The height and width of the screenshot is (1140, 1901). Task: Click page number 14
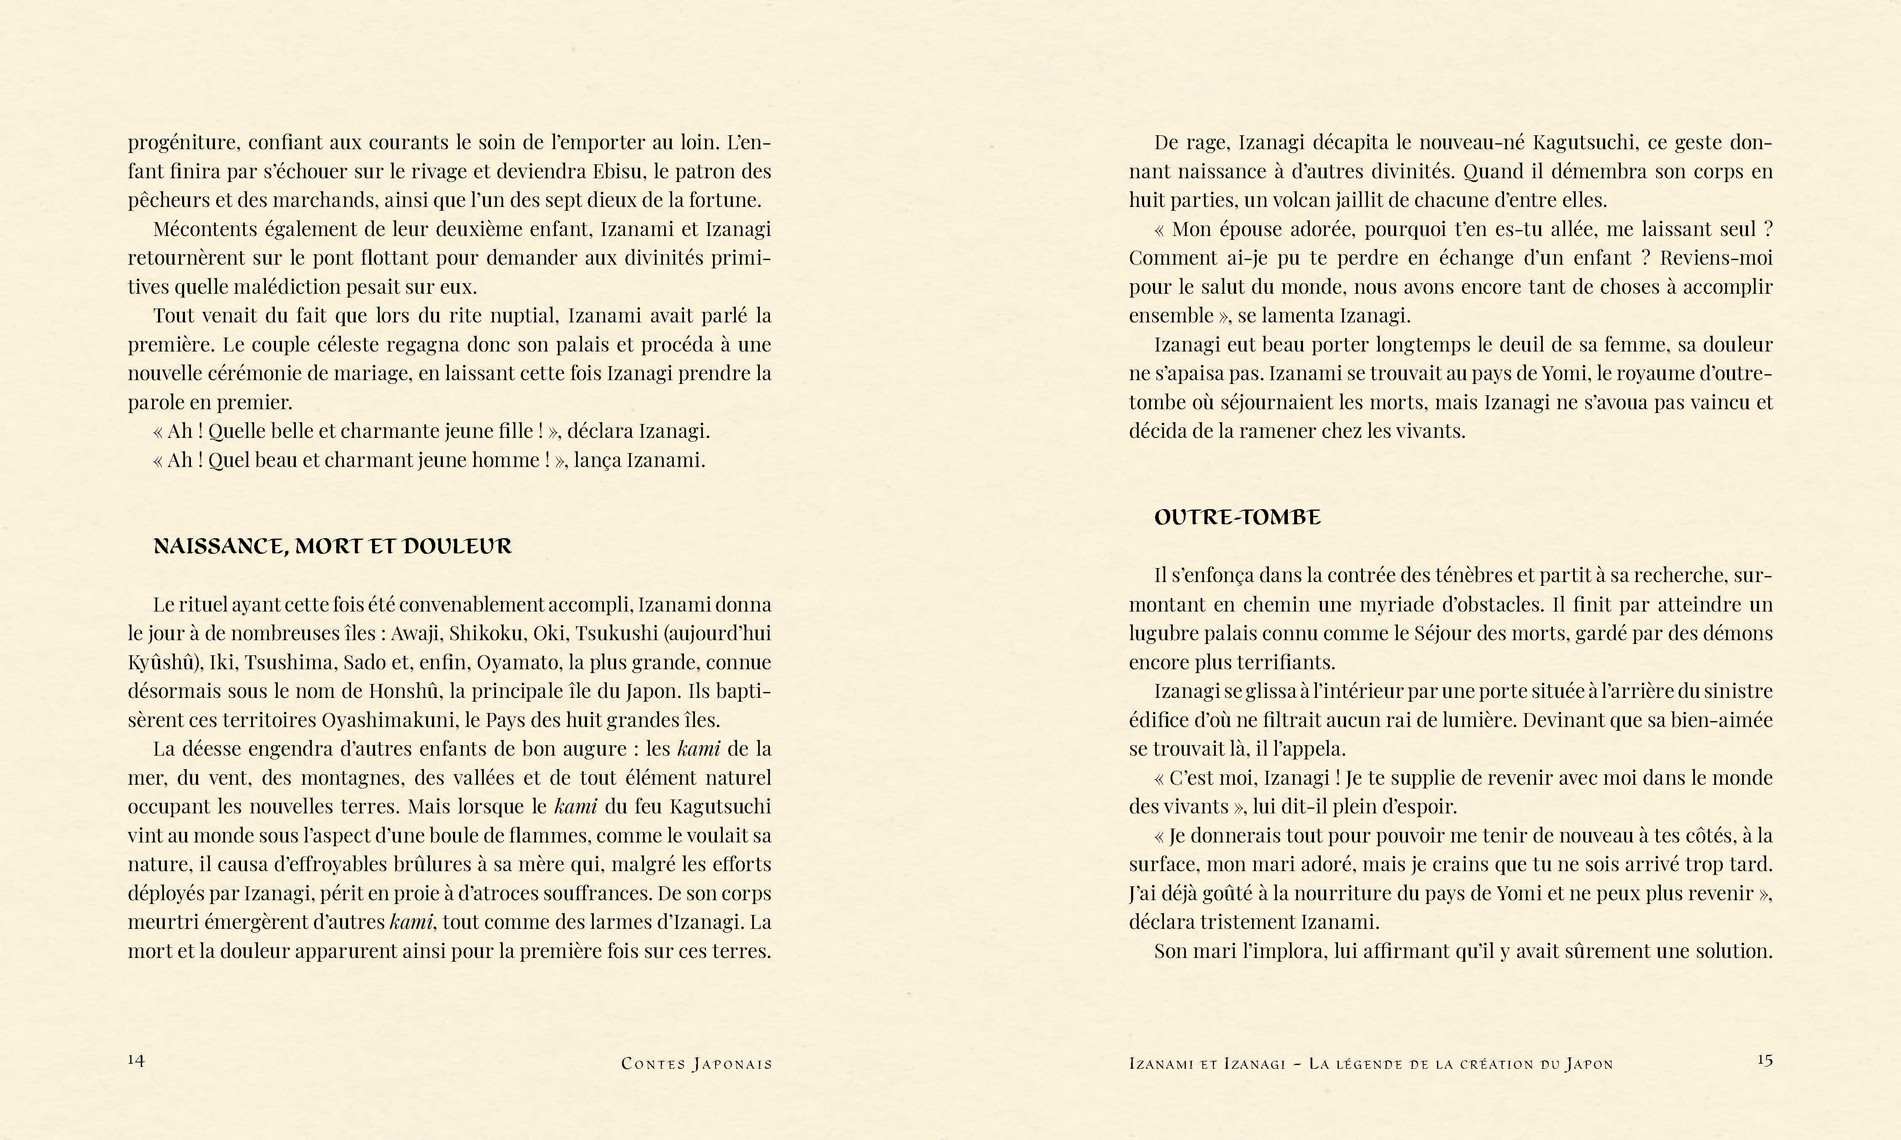click(136, 1060)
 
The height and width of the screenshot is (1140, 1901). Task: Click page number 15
click(1764, 1060)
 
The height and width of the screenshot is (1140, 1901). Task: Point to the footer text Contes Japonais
click(696, 1064)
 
